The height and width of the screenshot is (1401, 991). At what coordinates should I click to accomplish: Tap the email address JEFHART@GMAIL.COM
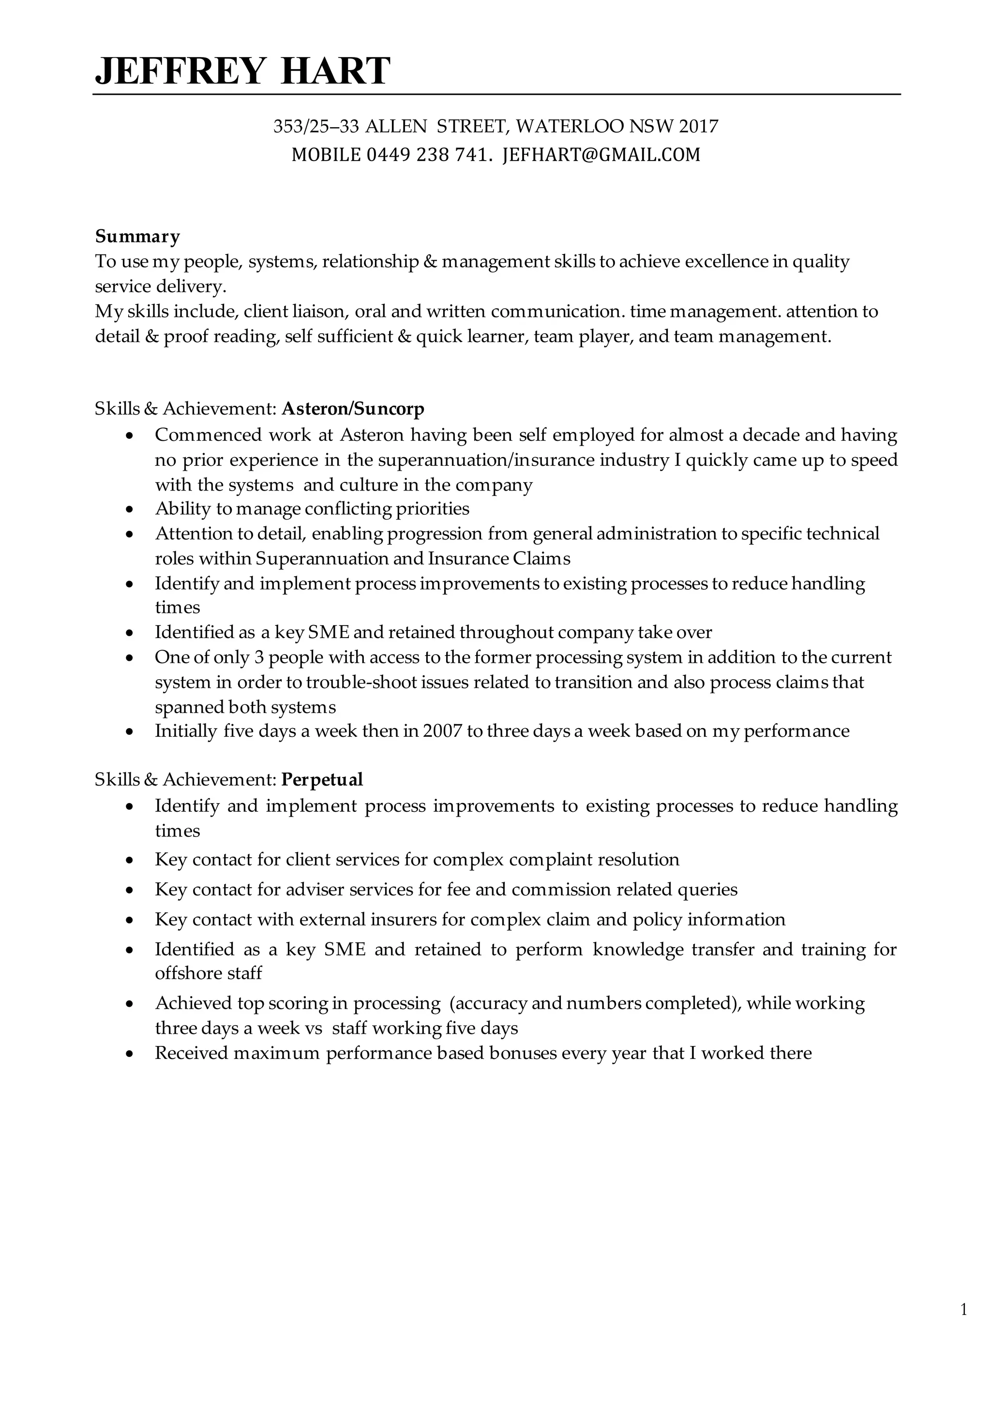coord(601,155)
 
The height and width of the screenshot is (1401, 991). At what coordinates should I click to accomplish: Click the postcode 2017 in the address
coord(698,126)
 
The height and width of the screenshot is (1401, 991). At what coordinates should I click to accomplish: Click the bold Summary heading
coord(137,236)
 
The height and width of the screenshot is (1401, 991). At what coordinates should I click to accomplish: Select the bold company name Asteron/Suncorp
coord(353,408)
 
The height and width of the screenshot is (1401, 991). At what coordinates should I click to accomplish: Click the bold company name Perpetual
coord(322,779)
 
